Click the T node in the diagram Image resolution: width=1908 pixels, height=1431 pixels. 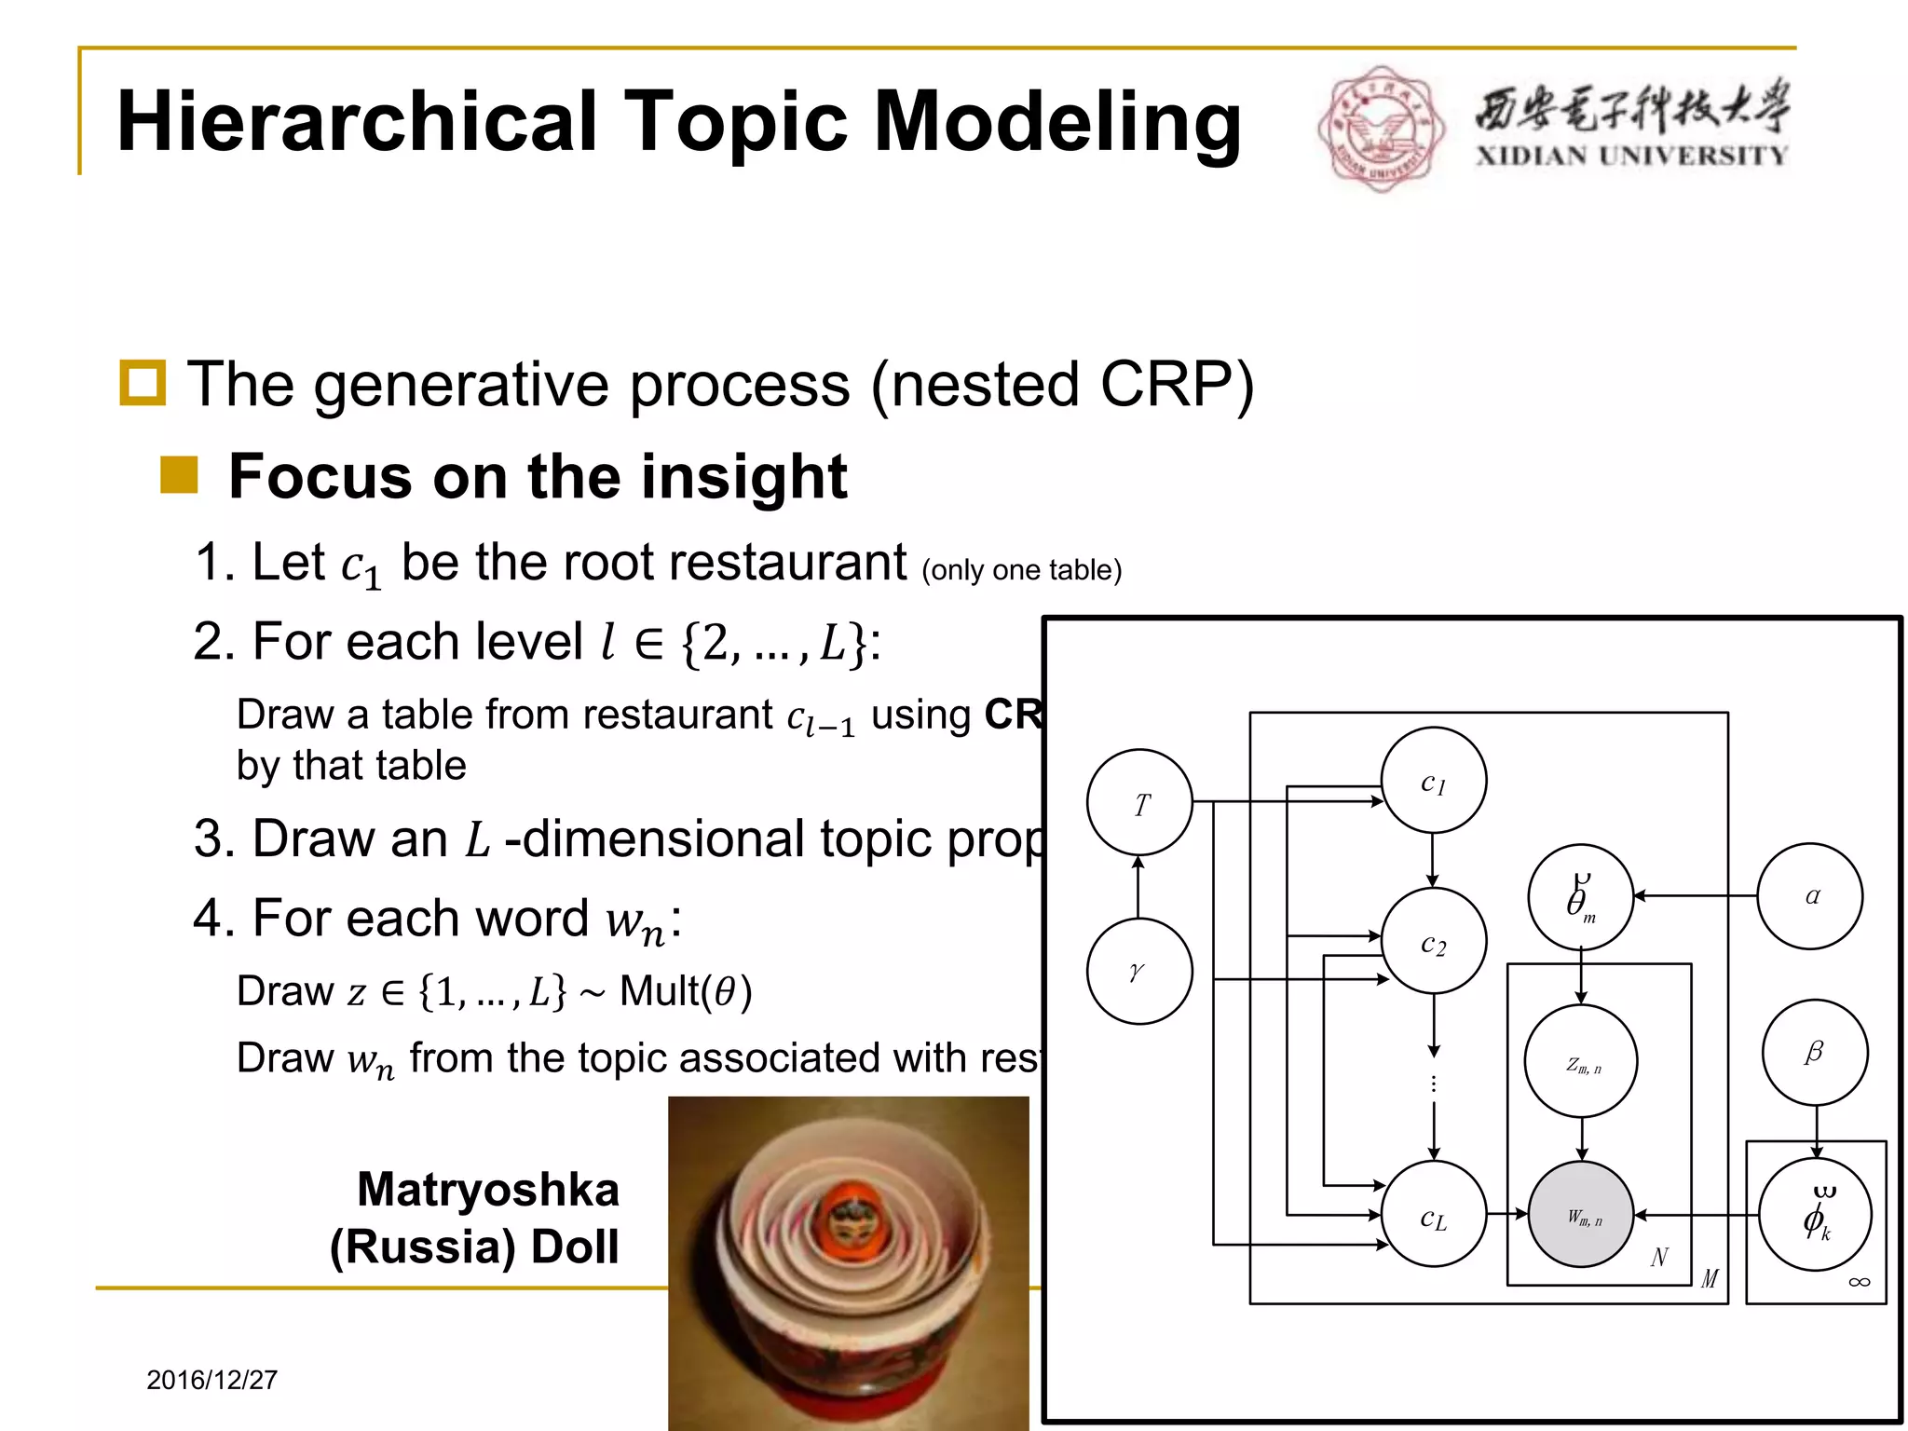1139,802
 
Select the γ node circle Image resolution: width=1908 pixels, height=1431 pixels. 1139,971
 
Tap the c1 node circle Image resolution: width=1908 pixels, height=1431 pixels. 1433,781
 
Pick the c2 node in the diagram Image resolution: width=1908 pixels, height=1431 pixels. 1433,941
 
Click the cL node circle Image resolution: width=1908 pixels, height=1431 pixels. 1433,1214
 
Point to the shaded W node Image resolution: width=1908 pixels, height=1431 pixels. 1581,1214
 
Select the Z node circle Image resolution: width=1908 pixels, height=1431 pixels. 1581,1061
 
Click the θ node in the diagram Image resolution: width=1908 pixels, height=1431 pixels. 1581,897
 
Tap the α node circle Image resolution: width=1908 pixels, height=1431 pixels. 1810,896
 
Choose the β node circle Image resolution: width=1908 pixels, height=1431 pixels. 1815,1053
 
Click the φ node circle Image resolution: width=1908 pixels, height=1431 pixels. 1815,1214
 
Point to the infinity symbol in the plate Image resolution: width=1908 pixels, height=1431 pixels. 1859,1283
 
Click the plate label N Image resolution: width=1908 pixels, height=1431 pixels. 1659,1258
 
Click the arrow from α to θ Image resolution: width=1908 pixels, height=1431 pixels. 1696,896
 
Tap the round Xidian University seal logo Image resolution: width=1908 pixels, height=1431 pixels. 1381,129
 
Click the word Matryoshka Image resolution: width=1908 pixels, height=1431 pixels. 488,1190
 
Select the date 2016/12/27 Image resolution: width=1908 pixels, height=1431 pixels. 212,1380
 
